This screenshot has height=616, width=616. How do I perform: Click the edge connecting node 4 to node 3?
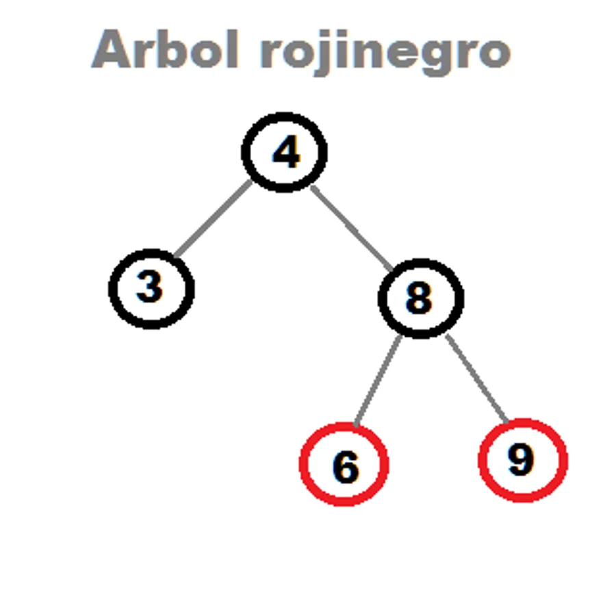click(x=213, y=218)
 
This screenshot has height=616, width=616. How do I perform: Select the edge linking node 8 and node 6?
click(x=378, y=381)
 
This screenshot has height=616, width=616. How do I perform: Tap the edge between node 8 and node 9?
click(x=477, y=378)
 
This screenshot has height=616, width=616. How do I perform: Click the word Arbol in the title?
click(x=165, y=49)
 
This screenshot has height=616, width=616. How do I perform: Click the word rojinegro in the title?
click(x=386, y=53)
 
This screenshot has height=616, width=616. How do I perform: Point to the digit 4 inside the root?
click(x=286, y=151)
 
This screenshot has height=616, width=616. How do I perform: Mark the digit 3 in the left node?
click(x=149, y=287)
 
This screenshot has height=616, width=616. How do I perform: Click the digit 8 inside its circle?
click(x=419, y=298)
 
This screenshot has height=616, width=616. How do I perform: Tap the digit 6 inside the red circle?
click(x=346, y=466)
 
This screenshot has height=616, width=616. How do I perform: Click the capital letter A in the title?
click(x=111, y=49)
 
